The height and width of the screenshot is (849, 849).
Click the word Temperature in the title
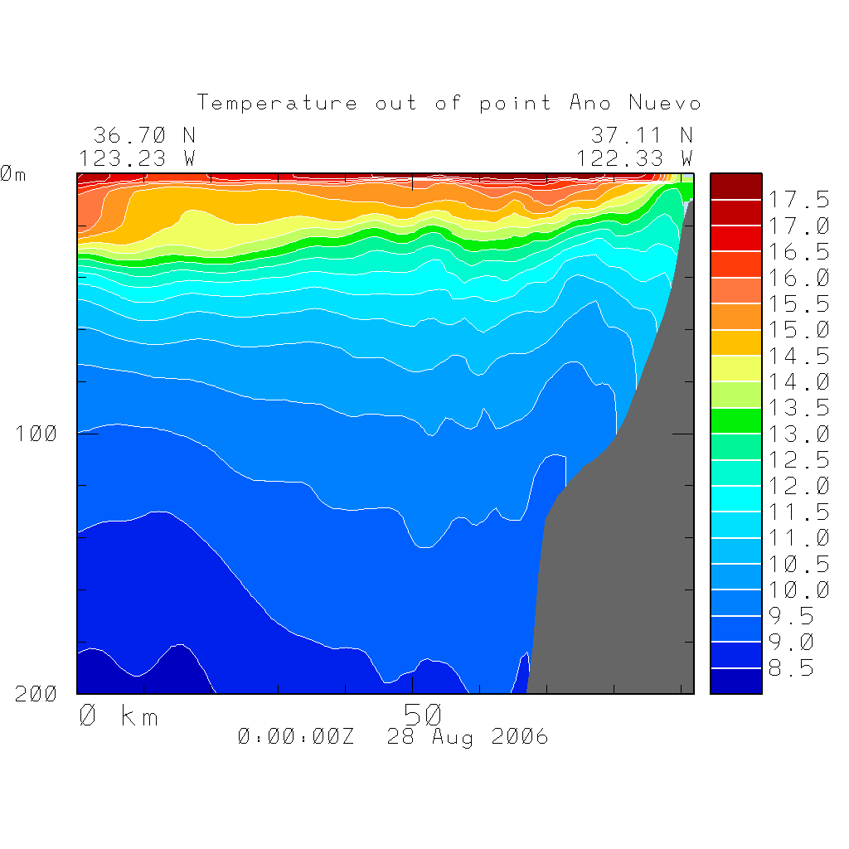pyautogui.click(x=277, y=104)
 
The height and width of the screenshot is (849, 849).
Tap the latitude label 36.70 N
pyautogui.click(x=143, y=135)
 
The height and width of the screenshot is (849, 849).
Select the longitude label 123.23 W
pyautogui.click(x=137, y=158)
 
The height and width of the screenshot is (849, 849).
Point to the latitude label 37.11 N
pyautogui.click(x=641, y=135)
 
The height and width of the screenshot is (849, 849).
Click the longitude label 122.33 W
pyautogui.click(x=634, y=158)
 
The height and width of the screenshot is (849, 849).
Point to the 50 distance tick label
pyautogui.click(x=424, y=715)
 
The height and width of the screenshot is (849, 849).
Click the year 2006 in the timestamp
pyautogui.click(x=520, y=736)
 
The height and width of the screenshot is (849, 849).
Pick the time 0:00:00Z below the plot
pyautogui.click(x=296, y=736)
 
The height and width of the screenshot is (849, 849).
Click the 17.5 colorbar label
pyautogui.click(x=799, y=200)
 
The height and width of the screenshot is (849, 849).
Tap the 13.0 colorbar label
pyautogui.click(x=799, y=434)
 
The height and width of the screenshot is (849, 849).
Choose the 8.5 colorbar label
pyautogui.click(x=793, y=668)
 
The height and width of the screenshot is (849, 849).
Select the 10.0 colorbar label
pyautogui.click(x=799, y=589)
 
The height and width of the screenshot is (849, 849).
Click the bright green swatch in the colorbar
pyautogui.click(x=735, y=420)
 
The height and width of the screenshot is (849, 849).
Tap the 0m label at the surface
pyautogui.click(x=13, y=175)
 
